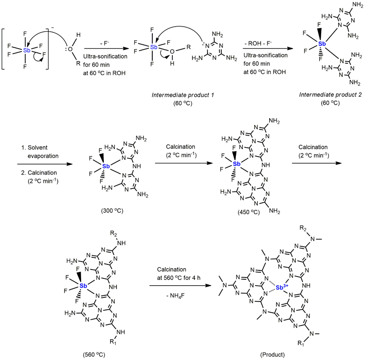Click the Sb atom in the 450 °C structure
[x=237, y=164]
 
